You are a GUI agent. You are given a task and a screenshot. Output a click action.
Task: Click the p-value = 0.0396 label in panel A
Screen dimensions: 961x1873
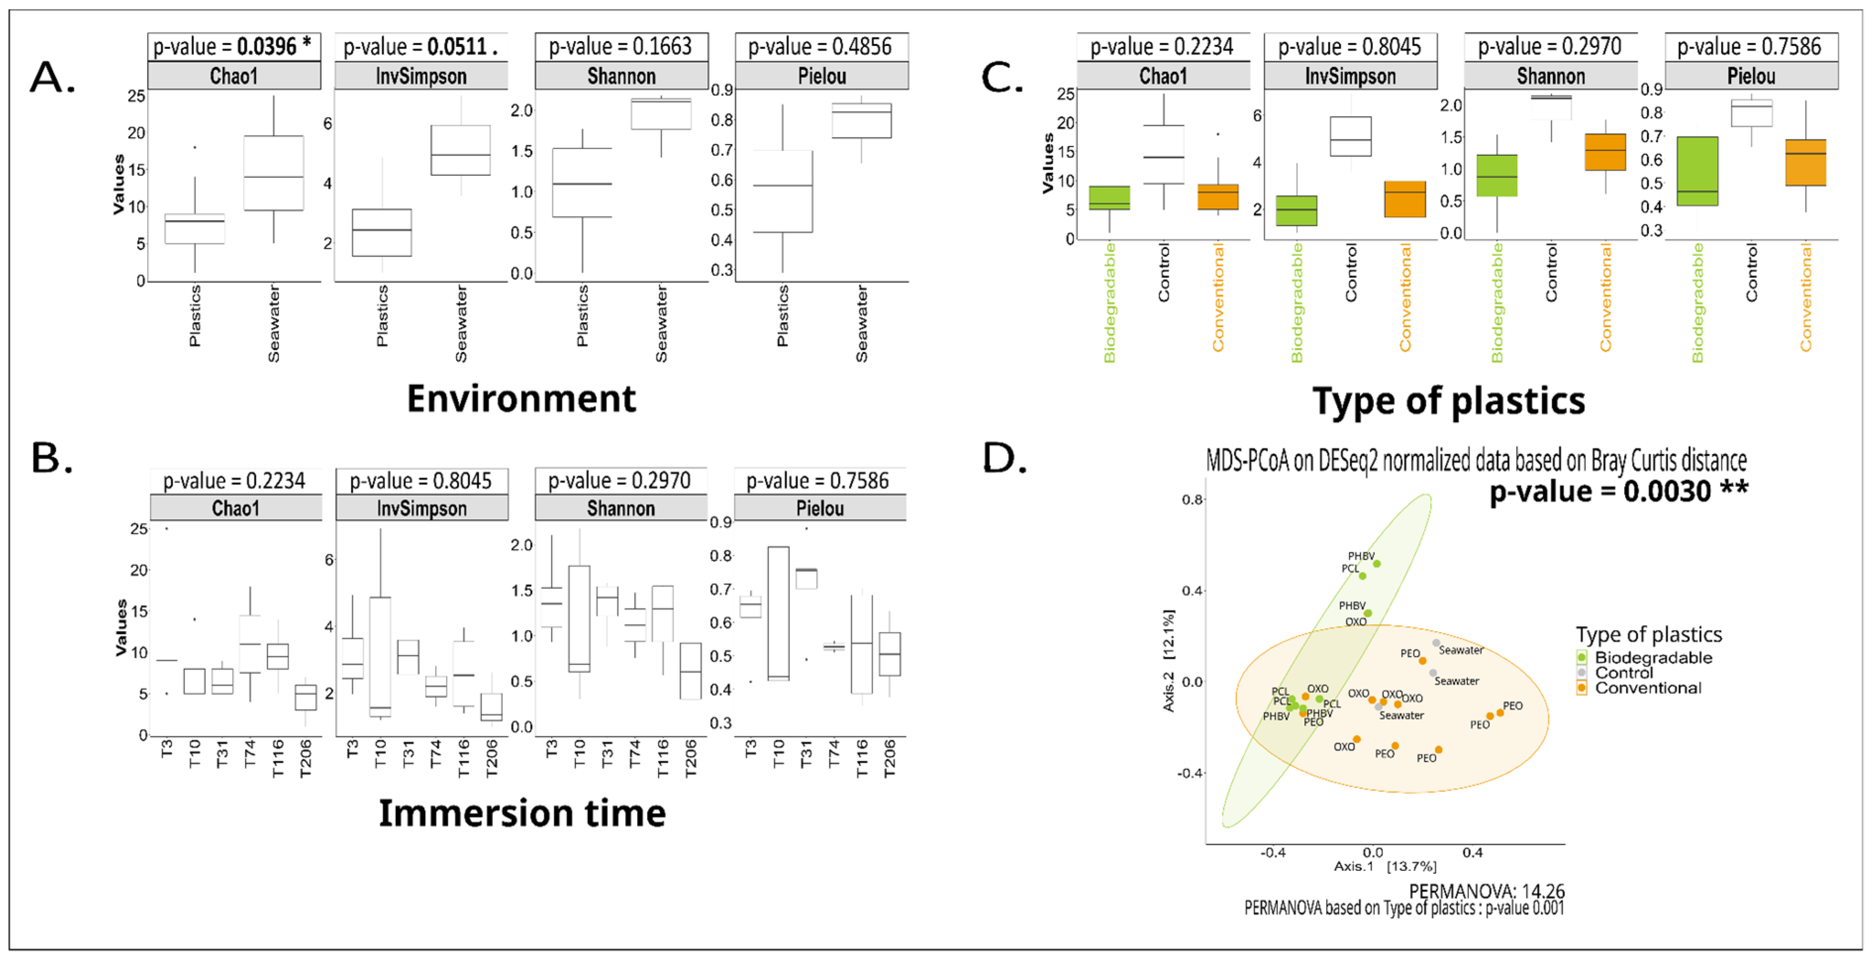click(233, 47)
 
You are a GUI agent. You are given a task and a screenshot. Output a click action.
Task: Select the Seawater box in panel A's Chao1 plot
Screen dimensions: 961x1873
click(273, 173)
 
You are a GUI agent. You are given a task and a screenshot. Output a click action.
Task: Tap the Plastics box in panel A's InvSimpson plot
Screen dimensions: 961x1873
click(382, 232)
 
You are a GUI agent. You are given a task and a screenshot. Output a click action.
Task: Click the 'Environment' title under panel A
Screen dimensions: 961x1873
click(521, 398)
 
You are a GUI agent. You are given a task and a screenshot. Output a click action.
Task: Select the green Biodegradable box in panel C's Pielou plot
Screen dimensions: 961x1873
click(1697, 171)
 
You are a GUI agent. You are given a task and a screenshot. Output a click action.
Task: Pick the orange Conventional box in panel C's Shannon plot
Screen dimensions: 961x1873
click(1605, 152)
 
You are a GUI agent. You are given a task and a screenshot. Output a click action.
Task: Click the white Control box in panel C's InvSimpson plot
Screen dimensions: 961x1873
click(1350, 136)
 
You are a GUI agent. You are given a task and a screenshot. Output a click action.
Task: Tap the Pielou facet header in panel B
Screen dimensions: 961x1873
click(820, 508)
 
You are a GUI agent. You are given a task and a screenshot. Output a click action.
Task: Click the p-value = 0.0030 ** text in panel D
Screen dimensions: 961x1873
click(1619, 491)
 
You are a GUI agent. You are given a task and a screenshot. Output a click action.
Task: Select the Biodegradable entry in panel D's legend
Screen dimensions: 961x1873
click(1652, 657)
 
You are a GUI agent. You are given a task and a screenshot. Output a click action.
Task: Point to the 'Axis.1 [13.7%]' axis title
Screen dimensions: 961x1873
click(1384, 866)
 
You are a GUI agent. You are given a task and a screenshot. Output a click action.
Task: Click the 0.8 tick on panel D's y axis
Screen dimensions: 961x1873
click(1192, 499)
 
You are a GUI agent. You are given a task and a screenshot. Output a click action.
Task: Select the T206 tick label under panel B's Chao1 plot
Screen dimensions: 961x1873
click(305, 758)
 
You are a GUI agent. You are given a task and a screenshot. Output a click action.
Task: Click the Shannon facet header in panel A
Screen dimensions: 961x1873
click(621, 76)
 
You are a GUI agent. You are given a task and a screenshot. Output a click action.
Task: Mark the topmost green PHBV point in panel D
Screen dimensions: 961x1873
click(1376, 563)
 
